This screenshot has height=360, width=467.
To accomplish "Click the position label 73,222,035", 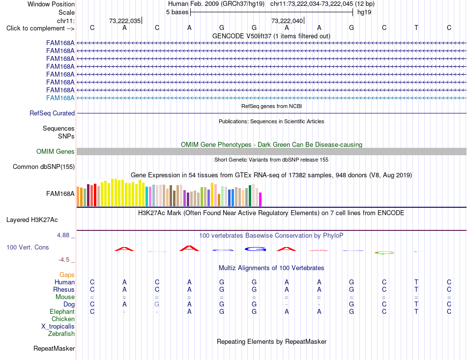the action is pyautogui.click(x=125, y=21).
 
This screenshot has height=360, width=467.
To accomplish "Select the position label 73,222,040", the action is pyautogui.click(x=287, y=21).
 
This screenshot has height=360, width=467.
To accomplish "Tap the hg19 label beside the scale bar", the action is pyautogui.click(x=364, y=12).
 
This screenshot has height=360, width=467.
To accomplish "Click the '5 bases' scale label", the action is pyautogui.click(x=177, y=12).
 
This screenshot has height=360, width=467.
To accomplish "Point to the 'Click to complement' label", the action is pyautogui.click(x=40, y=28).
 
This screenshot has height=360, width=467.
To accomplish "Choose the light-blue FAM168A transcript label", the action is pyautogui.click(x=60, y=98).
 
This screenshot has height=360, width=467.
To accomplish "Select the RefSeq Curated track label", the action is pyautogui.click(x=52, y=113).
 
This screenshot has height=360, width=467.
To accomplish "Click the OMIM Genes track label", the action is pyautogui.click(x=56, y=151).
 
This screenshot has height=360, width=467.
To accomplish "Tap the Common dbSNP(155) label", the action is pyautogui.click(x=44, y=166).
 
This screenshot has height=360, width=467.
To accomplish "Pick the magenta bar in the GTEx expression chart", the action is pyautogui.click(x=261, y=199).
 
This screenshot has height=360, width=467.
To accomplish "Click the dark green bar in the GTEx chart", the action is pyautogui.click(x=250, y=196).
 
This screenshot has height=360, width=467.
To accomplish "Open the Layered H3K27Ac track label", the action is pyautogui.click(x=32, y=220).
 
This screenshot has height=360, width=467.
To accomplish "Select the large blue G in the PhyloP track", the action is pyautogui.click(x=255, y=249).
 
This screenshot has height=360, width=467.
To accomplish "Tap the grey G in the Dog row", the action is pyautogui.click(x=157, y=305).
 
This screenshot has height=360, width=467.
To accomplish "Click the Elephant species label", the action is pyautogui.click(x=62, y=311).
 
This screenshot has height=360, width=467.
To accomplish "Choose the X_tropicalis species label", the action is pyautogui.click(x=58, y=327).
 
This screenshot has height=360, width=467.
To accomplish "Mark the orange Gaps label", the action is pyautogui.click(x=67, y=275).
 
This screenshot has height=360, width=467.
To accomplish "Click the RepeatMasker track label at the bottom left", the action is pyautogui.click(x=54, y=348).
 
